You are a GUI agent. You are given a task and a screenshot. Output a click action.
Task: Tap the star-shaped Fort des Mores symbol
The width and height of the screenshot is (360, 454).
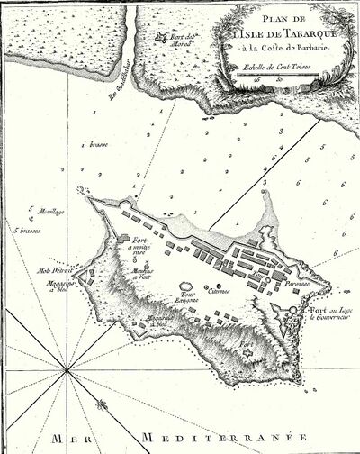point(162,39)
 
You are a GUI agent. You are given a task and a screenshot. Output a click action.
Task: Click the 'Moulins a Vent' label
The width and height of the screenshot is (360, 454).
point(144,274)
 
